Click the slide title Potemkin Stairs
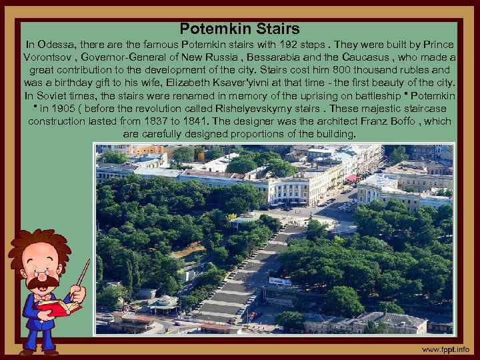[x=239, y=29]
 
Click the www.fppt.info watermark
[x=445, y=349]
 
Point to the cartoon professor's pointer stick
[x=83, y=273]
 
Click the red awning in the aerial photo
[x=351, y=179]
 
